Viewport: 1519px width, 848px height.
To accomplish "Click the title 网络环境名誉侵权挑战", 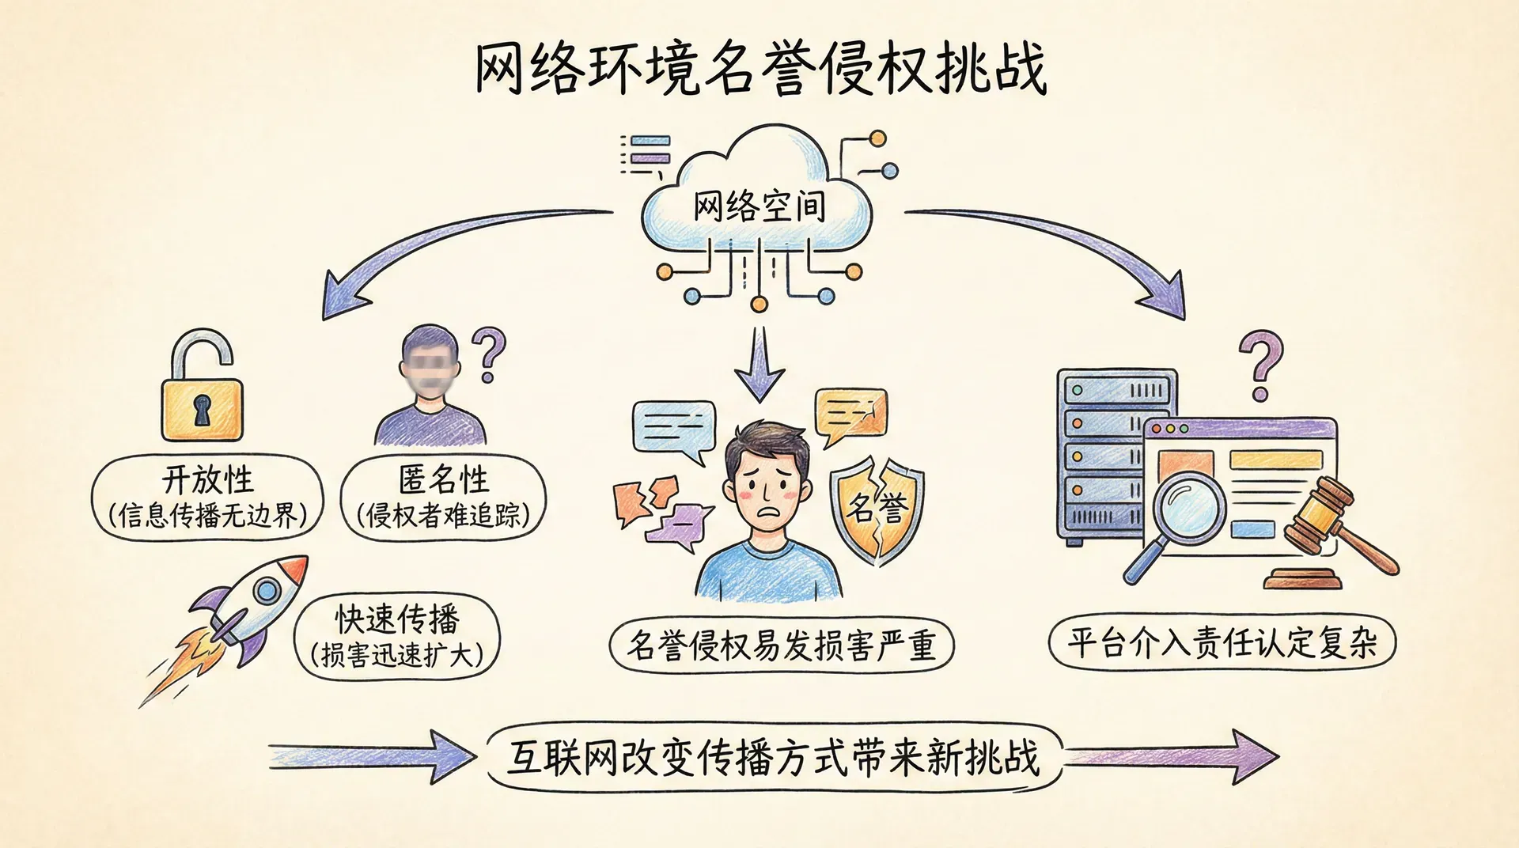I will tap(759, 69).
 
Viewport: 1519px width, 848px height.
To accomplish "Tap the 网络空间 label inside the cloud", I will tap(759, 206).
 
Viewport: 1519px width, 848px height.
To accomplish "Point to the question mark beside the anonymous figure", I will tap(488, 355).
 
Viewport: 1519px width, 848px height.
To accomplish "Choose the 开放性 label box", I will tap(208, 498).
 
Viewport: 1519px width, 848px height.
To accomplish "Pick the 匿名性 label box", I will tap(443, 498).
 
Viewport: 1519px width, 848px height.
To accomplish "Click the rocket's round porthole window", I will tap(267, 589).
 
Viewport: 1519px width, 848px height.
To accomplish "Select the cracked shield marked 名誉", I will tap(877, 506).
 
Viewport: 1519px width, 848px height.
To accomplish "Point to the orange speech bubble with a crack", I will tap(850, 414).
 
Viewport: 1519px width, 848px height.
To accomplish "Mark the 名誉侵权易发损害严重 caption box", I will tap(781, 645).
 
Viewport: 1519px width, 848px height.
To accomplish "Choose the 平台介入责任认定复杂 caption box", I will tap(1222, 642).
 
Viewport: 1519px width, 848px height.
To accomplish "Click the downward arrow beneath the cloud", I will tap(759, 363).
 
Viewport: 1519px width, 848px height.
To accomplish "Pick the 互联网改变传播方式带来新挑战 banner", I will tap(773, 757).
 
